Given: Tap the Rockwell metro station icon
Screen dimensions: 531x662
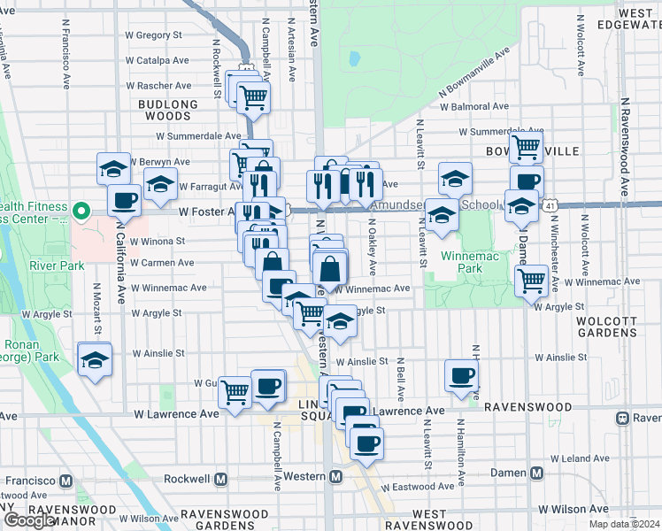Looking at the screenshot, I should (221, 479).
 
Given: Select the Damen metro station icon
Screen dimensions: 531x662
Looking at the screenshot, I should (537, 473).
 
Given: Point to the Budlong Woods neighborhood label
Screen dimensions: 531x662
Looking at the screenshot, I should (168, 110).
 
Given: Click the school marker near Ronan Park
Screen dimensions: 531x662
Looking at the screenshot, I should (95, 360).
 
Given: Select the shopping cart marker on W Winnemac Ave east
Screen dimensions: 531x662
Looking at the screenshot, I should (531, 281).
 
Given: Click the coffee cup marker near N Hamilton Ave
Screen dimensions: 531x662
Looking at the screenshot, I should (460, 374).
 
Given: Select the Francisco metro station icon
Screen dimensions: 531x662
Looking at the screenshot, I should (65, 481).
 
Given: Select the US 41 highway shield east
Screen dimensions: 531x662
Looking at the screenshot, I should (550, 204).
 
